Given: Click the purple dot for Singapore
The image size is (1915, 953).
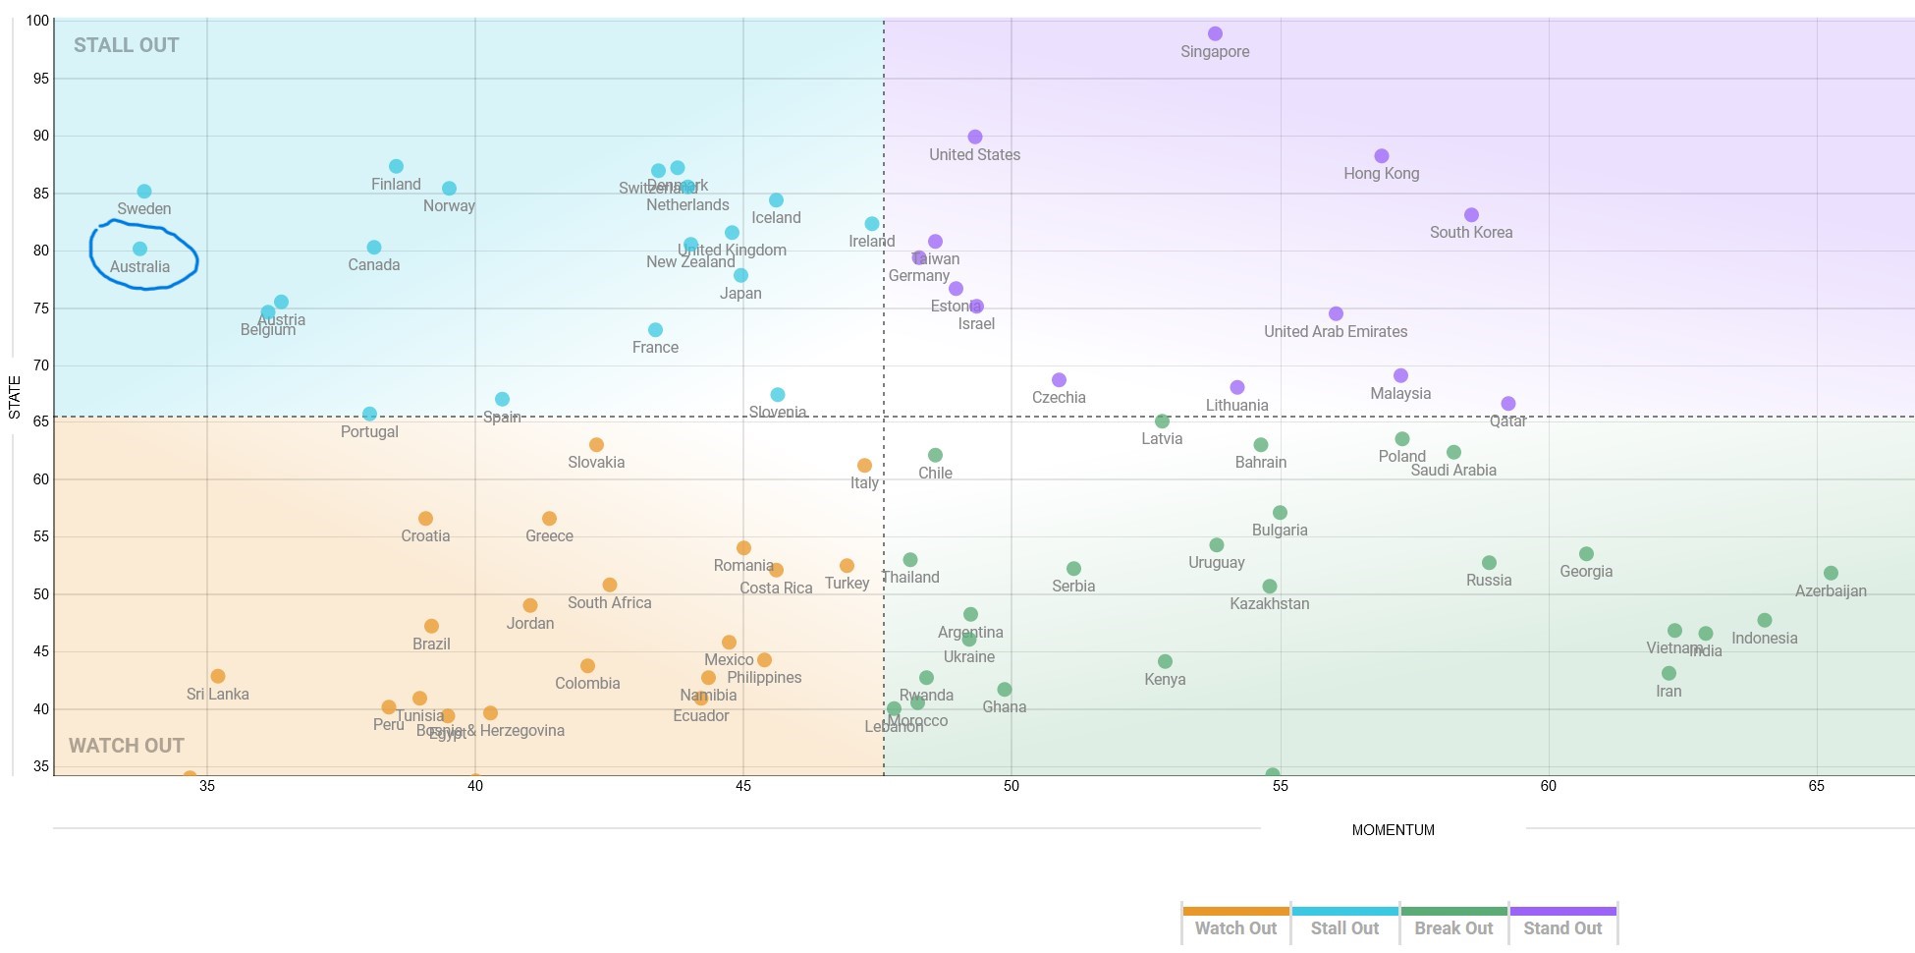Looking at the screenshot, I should tap(1215, 33).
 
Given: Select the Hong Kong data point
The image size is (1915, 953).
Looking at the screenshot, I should tap(1382, 156).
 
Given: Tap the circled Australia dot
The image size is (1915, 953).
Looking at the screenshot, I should tap(139, 250).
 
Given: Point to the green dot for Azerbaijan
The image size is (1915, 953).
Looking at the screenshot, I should tap(1831, 573).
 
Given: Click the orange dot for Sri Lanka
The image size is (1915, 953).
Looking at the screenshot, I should tap(218, 676).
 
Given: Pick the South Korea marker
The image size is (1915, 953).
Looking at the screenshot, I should tap(1471, 215).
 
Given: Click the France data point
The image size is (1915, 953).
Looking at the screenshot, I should tap(655, 330).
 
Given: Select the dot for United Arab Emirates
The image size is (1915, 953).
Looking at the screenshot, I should tap(1336, 314).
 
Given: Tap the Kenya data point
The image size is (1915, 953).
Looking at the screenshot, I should tap(1165, 661).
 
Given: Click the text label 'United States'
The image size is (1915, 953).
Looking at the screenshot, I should tap(974, 155).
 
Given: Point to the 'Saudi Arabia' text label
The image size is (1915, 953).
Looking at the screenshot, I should tap(1453, 471).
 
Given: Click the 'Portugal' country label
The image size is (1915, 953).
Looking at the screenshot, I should tap(369, 432).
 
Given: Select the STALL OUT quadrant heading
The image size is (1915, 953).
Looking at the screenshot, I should tap(126, 45).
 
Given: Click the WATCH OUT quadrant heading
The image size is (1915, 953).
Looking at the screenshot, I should tap(126, 746).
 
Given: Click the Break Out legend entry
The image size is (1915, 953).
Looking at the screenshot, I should tap(1453, 927).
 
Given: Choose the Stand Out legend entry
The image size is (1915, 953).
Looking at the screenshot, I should tap(1562, 927).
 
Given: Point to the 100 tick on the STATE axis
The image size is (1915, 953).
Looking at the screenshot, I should tap(37, 21).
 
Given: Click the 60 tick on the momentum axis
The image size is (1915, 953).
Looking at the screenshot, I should tap(1549, 786).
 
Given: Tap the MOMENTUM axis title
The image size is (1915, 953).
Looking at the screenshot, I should tap(1393, 830).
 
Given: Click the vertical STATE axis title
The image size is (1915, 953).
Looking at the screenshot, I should tap(15, 398).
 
